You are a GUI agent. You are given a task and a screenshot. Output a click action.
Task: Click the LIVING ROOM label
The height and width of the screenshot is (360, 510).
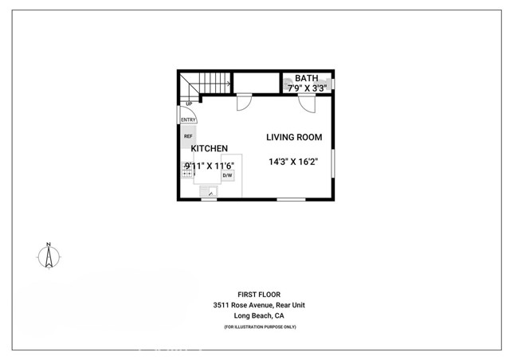tap(294, 137)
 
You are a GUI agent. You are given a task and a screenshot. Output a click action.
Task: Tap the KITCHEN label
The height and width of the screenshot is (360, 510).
tap(209, 148)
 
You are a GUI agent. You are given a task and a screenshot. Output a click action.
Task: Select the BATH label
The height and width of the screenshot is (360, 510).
tap(306, 78)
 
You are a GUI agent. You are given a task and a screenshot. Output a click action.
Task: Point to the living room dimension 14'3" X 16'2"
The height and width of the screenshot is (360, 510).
tap(293, 162)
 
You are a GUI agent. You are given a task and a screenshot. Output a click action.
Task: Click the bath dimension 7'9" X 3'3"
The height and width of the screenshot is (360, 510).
tap(307, 88)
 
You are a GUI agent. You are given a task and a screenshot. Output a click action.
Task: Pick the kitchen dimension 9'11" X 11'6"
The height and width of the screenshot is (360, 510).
tap(210, 166)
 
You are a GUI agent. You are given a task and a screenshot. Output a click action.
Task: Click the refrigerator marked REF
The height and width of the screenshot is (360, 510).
tap(188, 136)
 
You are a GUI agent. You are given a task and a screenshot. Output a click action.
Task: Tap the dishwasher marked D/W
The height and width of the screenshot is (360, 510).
tap(227, 175)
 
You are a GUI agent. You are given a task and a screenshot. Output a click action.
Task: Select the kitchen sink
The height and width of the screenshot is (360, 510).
tap(209, 191)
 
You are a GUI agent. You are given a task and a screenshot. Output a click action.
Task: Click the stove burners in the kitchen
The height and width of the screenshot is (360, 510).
tap(187, 170)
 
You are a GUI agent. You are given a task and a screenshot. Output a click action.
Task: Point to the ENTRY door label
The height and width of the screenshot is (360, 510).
tap(188, 120)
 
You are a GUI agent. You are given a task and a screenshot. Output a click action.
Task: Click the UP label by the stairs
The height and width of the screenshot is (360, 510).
tap(189, 104)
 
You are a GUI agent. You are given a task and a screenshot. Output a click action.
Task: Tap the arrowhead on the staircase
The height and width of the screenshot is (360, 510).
tap(229, 84)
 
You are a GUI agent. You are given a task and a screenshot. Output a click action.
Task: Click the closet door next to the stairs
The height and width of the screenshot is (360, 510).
tap(245, 104)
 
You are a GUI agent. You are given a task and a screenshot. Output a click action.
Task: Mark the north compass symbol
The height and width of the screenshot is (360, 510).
tap(49, 256)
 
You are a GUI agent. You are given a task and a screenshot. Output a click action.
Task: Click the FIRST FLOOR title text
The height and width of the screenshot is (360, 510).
tap(259, 295)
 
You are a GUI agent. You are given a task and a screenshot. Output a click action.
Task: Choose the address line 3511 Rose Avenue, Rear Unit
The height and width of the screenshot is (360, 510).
tap(259, 305)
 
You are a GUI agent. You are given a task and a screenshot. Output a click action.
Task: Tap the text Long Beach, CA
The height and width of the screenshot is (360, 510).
tap(259, 315)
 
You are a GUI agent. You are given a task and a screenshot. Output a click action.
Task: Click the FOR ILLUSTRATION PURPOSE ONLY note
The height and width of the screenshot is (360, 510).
tap(260, 327)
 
